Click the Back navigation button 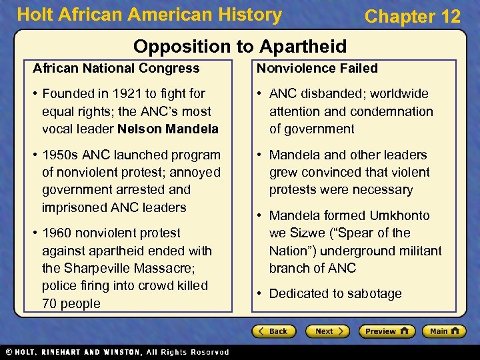pos(273,331)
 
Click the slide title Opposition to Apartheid pos(240,46)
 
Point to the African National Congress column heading pos(116,68)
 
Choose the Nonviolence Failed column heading pos(317,68)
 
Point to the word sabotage pos(373,293)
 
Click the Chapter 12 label pos(412,16)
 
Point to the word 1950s pos(61,155)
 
